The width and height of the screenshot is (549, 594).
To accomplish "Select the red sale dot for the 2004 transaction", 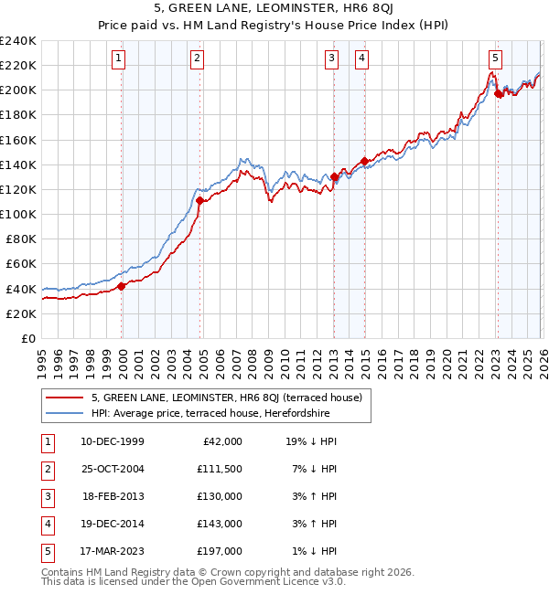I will point(199,200).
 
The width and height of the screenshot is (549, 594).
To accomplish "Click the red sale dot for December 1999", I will point(122,286).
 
